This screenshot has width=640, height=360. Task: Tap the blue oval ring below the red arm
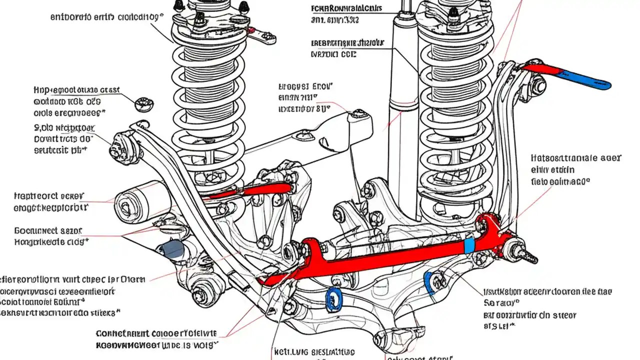[x=332, y=300]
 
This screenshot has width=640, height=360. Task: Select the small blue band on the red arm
[x=469, y=245]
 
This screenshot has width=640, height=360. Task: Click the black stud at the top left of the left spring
[x=178, y=6]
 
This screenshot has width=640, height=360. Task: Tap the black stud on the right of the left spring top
[x=244, y=7]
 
